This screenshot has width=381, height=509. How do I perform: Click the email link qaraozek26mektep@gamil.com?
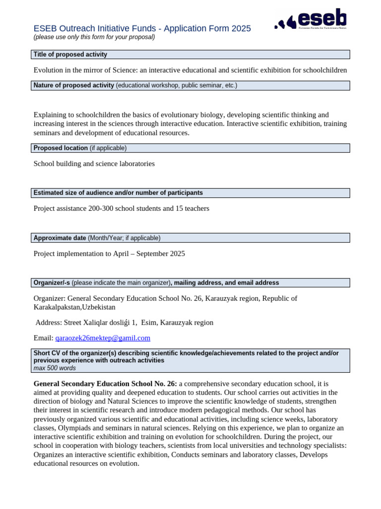click(x=103, y=338)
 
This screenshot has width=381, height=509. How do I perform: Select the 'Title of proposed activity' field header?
click(x=70, y=55)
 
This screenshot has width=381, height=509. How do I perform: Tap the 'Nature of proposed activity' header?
click(x=74, y=85)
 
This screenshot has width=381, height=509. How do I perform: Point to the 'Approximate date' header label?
click(x=60, y=238)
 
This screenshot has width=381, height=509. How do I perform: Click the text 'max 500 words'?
click(x=55, y=368)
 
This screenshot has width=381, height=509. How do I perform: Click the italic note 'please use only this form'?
click(x=94, y=37)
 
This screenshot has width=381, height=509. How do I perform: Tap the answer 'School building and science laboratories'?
click(x=94, y=164)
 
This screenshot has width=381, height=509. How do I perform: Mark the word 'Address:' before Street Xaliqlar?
click(x=50, y=323)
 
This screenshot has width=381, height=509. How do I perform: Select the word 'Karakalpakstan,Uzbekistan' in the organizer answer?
click(x=74, y=307)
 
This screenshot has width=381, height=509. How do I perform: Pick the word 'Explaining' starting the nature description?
click(x=51, y=115)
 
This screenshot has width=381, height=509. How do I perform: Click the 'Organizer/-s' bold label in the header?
click(x=52, y=283)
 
